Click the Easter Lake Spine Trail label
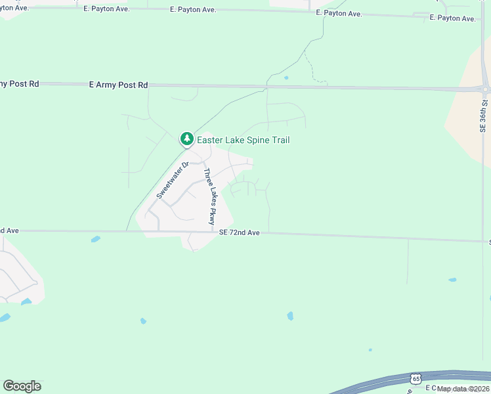point(243,140)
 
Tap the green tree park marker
point(187,139)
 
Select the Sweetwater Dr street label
point(173,180)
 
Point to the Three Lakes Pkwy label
point(209,197)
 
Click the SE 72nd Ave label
point(240,232)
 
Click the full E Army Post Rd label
point(119,85)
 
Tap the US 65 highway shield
point(416,379)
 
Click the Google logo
point(22,386)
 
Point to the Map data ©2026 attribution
point(463,389)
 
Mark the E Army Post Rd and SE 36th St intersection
point(485,89)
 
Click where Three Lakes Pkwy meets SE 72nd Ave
point(212,231)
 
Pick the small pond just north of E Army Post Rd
point(286,78)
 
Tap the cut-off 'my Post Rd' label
point(20,83)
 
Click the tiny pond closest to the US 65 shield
point(370,350)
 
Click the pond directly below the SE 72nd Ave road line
point(96,239)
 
